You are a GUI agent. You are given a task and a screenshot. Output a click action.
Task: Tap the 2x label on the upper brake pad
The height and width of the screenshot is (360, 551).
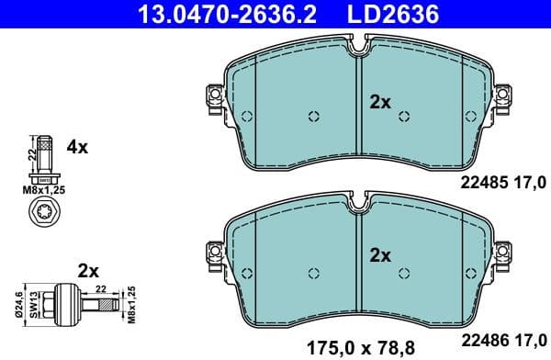pos(380,103)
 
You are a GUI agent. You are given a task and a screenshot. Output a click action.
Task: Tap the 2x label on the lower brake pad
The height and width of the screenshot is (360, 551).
pos(380,253)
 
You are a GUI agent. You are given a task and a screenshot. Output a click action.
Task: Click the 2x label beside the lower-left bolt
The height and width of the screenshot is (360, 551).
pos(88,271)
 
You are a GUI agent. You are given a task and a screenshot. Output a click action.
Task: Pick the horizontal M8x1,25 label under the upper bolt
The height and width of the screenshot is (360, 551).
pos(43,190)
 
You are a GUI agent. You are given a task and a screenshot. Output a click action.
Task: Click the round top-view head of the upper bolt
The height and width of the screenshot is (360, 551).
pos(43,217)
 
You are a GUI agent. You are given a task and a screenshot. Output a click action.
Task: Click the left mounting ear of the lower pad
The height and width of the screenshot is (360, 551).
pos(212,250)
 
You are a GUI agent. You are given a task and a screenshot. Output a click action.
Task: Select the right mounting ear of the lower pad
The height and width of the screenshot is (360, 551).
pos(504,250)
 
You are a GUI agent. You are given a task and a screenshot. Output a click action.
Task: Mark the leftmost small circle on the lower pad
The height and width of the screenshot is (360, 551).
pos(248,272)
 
